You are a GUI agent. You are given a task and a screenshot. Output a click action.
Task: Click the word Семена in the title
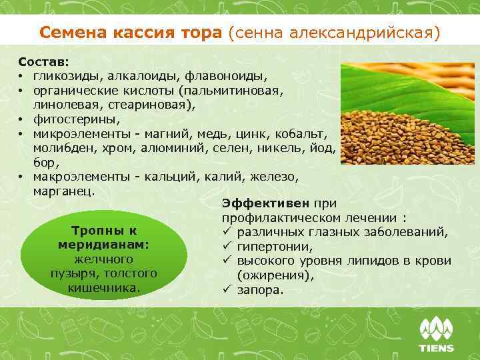pyautogui.click(x=67, y=32)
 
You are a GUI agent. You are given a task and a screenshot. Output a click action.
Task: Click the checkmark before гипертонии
pyautogui.click(x=226, y=247)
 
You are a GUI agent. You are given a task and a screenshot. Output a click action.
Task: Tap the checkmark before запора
pyautogui.click(x=226, y=290)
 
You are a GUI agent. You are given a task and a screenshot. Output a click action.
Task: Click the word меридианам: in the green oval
pyautogui.click(x=103, y=245)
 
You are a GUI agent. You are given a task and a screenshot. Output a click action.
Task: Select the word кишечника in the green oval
pyautogui.click(x=103, y=287)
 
